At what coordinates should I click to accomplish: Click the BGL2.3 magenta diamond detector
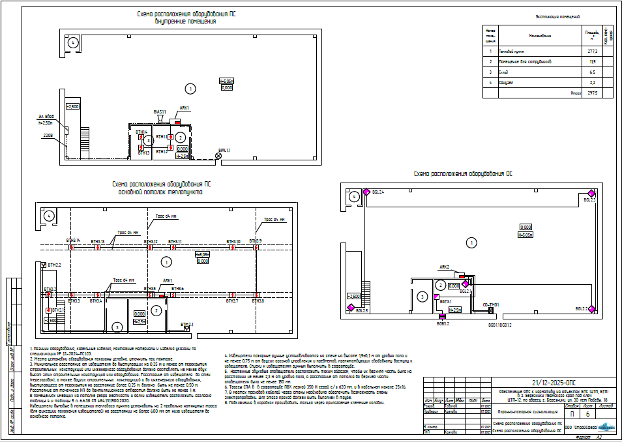tap(592, 193)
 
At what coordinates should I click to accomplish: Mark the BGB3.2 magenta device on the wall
tap(442, 318)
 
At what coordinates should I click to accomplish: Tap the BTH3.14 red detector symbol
tap(71, 246)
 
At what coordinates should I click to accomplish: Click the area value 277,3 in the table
tap(592, 50)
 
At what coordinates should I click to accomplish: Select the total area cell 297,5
tap(592, 93)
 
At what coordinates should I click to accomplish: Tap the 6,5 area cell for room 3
tap(592, 72)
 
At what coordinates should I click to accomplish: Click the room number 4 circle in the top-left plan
tap(73, 42)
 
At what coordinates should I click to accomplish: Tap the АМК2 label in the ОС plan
tap(445, 267)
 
